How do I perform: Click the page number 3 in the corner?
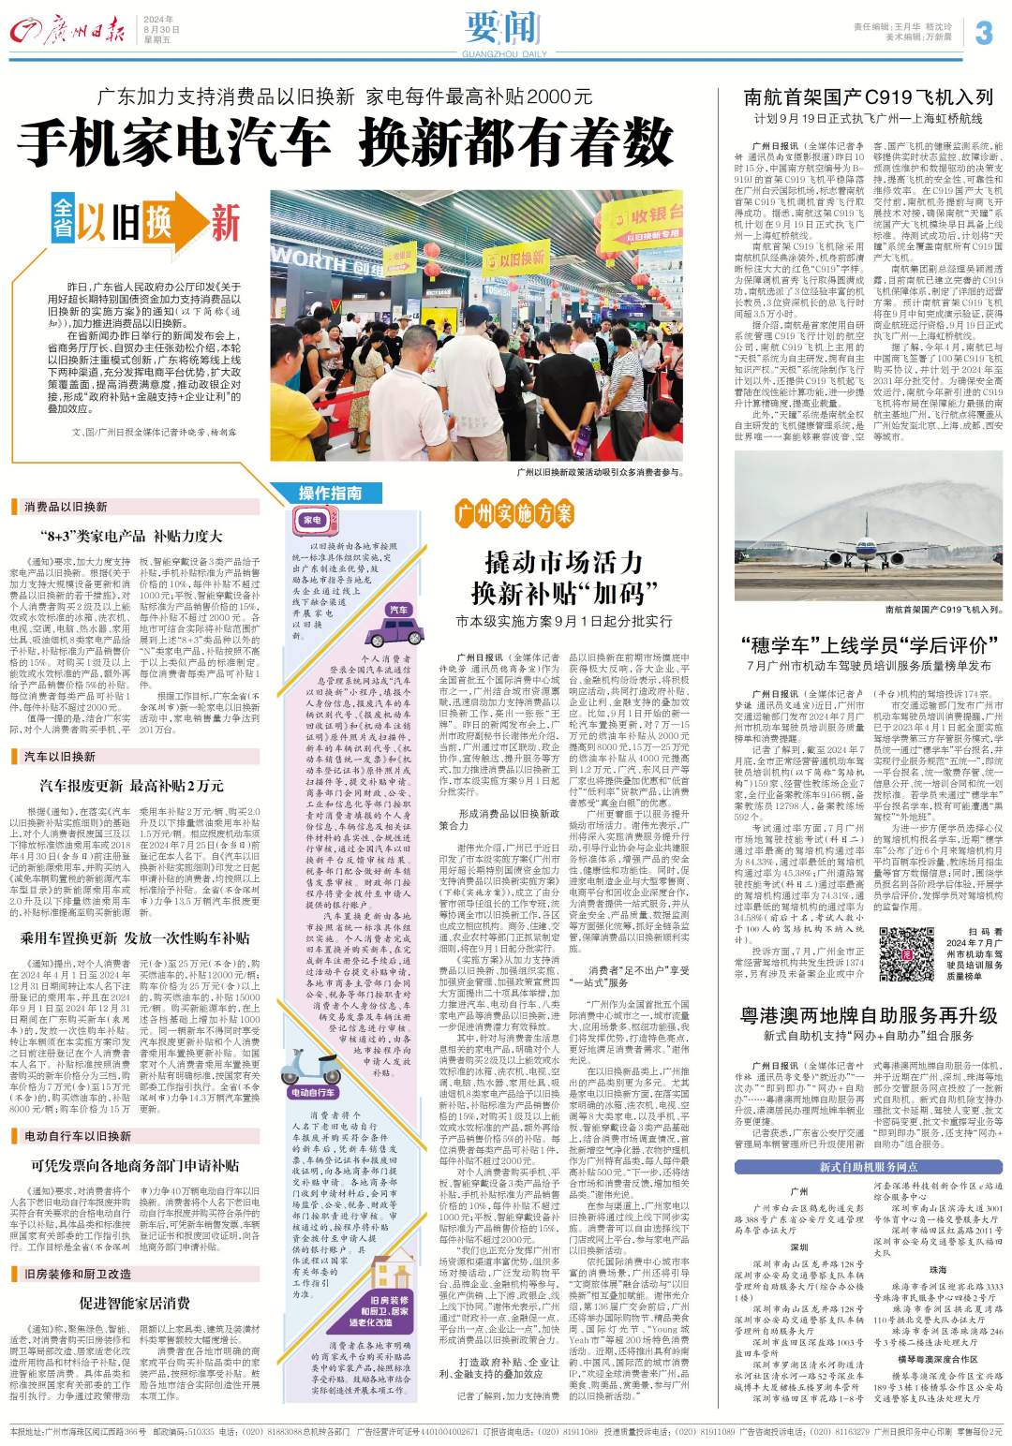983,33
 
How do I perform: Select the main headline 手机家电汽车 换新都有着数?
346,143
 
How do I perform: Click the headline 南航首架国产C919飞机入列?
868,97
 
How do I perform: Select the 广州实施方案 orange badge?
514,512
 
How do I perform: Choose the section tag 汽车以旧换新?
60,756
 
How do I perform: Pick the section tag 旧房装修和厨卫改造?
78,1274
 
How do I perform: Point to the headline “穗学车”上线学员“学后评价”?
868,645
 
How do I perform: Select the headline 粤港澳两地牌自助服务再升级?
868,1015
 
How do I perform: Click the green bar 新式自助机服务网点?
869,1166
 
